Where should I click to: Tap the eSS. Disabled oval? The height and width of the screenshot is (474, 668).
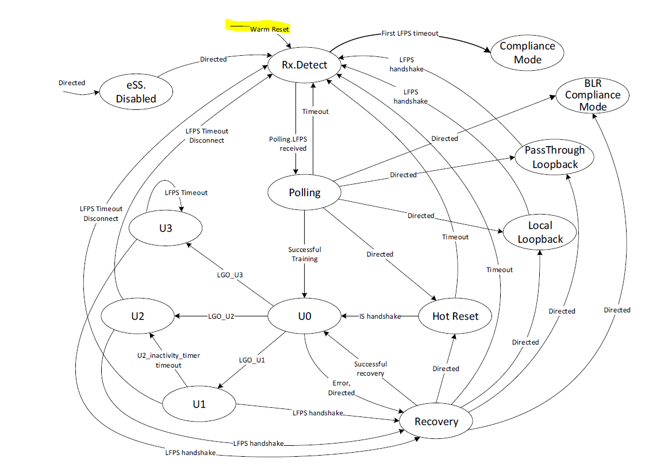(136, 92)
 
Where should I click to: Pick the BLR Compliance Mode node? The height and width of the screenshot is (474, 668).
(592, 95)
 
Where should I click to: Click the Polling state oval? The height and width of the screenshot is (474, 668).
(305, 193)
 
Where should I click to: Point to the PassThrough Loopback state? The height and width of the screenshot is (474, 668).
(555, 157)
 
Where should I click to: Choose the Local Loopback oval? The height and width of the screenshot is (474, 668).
(540, 232)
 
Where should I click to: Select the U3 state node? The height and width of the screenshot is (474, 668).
(166, 228)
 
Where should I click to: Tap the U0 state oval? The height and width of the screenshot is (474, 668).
(305, 316)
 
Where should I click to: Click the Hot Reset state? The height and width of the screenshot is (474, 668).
(455, 316)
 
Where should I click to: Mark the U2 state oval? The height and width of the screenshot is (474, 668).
(138, 316)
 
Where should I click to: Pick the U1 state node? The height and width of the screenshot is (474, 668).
(199, 404)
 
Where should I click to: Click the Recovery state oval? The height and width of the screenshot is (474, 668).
(436, 422)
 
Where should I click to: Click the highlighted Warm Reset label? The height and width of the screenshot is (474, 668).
(269, 28)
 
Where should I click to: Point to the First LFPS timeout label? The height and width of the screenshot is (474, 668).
(410, 33)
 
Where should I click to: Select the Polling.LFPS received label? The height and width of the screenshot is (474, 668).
(288, 144)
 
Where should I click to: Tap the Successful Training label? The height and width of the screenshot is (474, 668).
(305, 254)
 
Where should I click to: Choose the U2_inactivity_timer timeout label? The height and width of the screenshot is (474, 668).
(168, 360)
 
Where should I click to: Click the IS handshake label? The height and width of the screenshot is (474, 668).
(379, 316)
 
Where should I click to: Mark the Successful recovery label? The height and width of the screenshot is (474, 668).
(371, 368)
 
